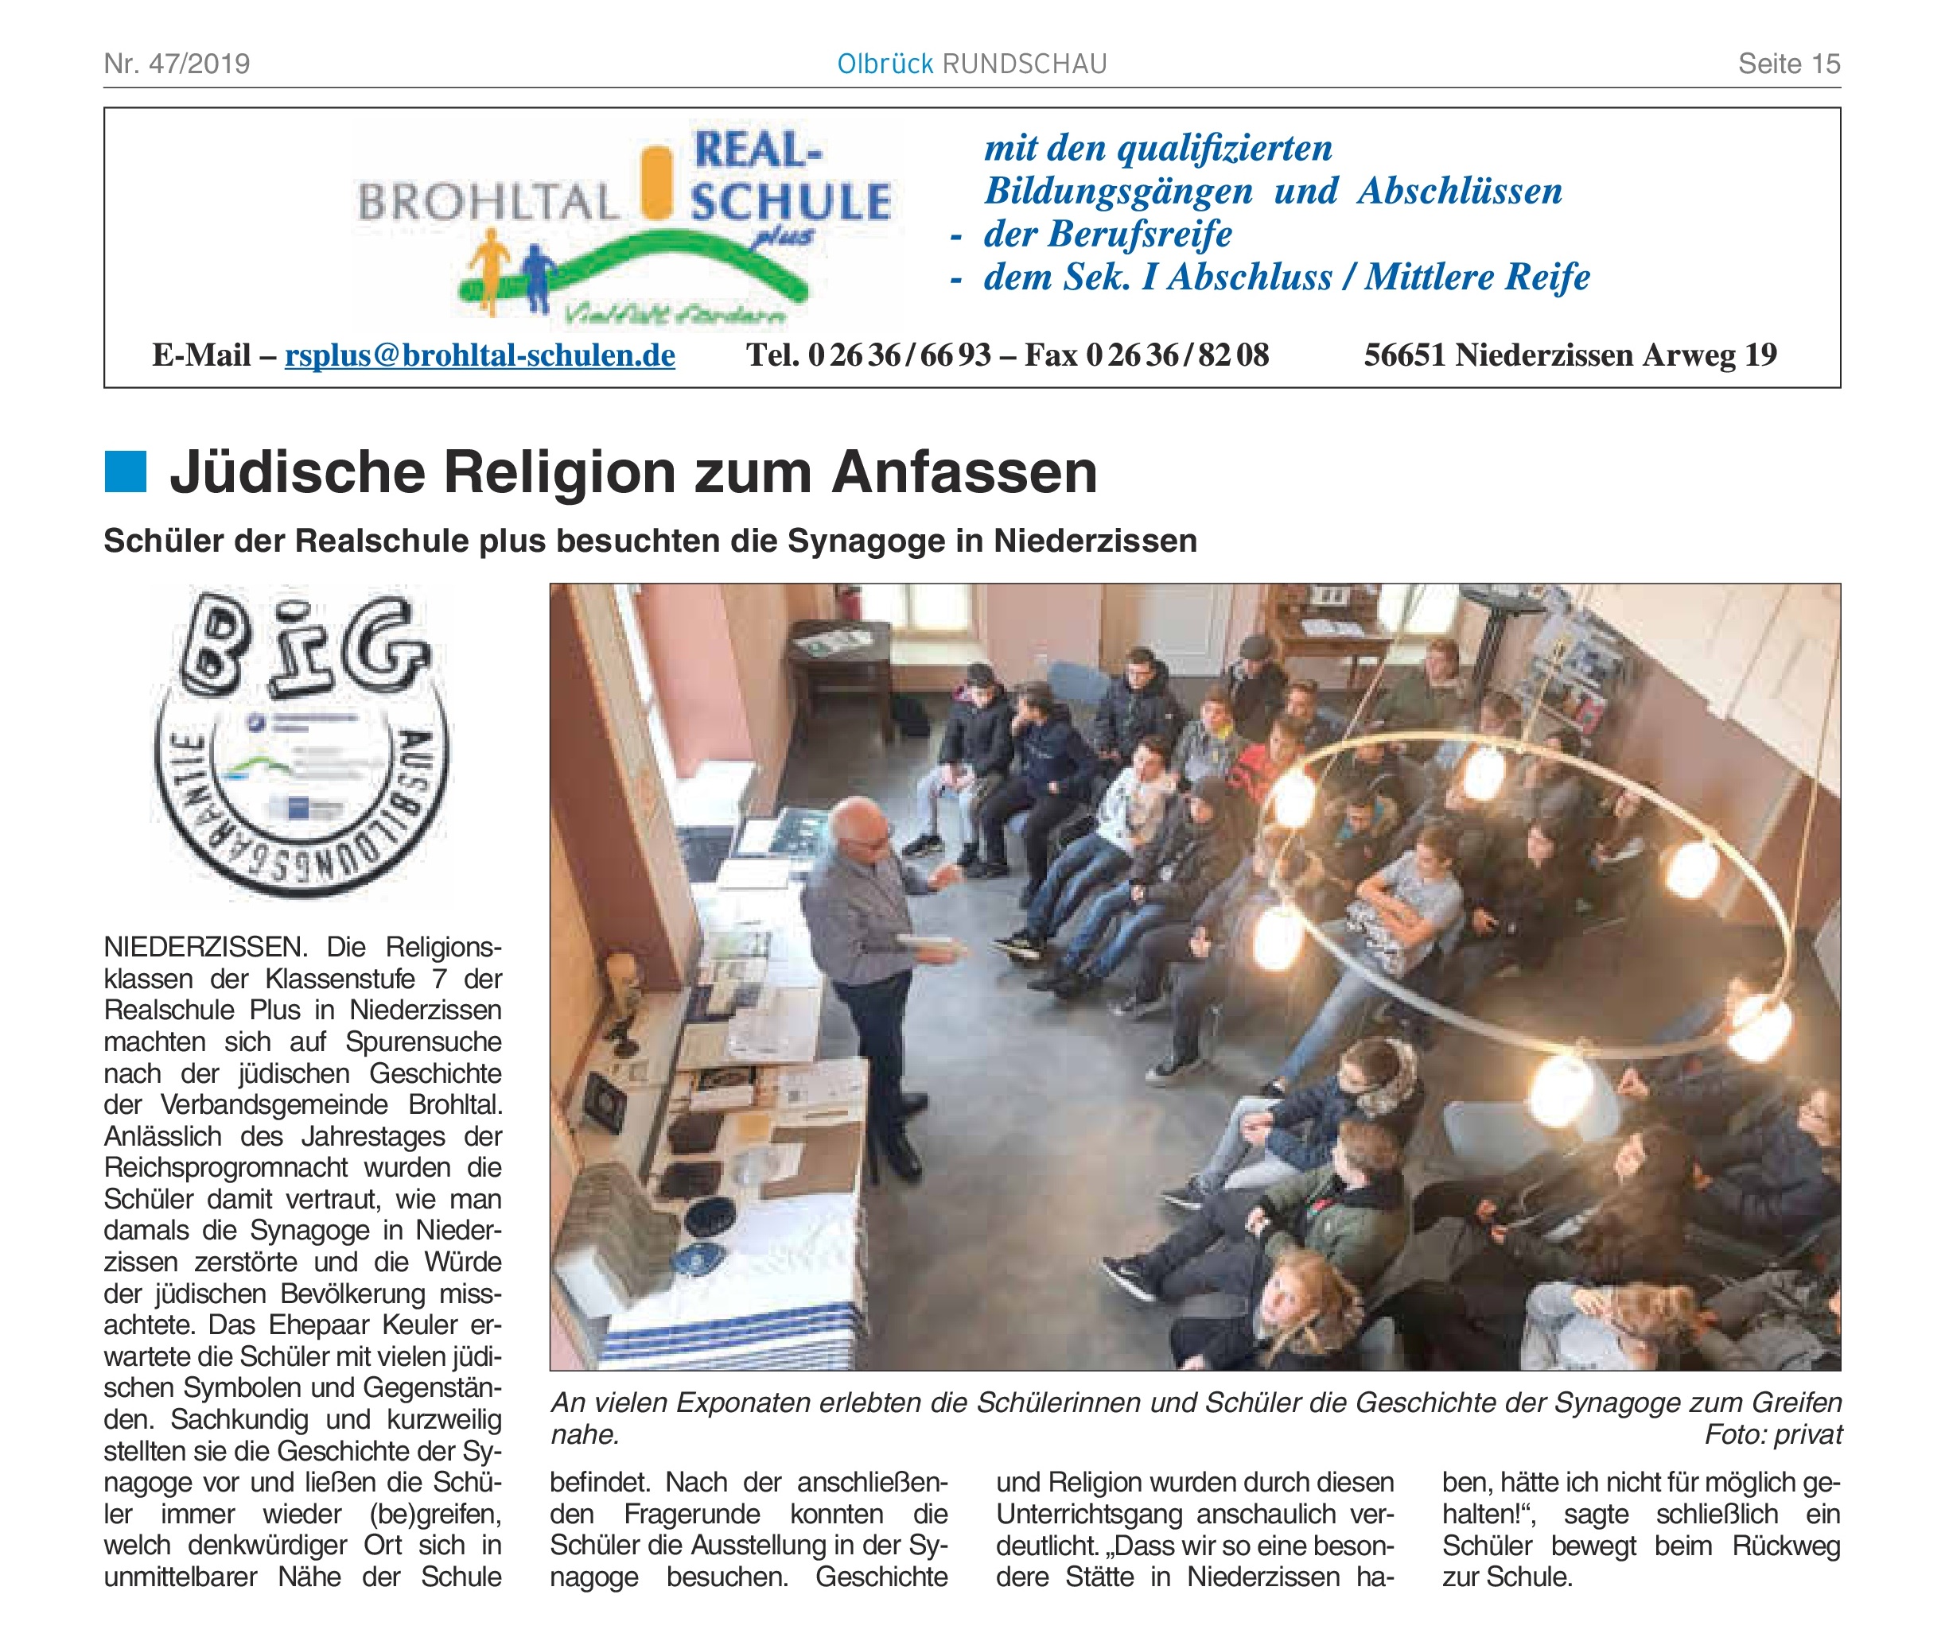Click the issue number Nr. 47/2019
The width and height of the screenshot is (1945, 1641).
pyautogui.click(x=177, y=64)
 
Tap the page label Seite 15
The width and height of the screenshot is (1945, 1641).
pyautogui.click(x=1788, y=64)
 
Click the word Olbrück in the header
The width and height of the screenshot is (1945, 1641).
pyautogui.click(x=884, y=64)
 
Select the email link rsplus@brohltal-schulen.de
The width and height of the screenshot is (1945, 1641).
pyautogui.click(x=479, y=355)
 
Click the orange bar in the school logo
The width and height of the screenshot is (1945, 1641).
pyautogui.click(x=658, y=182)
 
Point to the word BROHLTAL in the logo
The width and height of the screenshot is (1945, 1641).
pyautogui.click(x=488, y=202)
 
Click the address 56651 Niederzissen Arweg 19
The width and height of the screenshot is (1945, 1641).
pyautogui.click(x=1570, y=355)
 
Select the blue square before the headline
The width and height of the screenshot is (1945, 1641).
pyautogui.click(x=126, y=471)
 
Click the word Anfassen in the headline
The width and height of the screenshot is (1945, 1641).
pyautogui.click(x=964, y=472)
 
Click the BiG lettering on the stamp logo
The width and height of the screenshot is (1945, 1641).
pyautogui.click(x=302, y=649)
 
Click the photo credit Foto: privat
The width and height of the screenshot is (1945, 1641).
pyautogui.click(x=1773, y=1434)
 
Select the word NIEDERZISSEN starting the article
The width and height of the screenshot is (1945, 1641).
pyautogui.click(x=204, y=948)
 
